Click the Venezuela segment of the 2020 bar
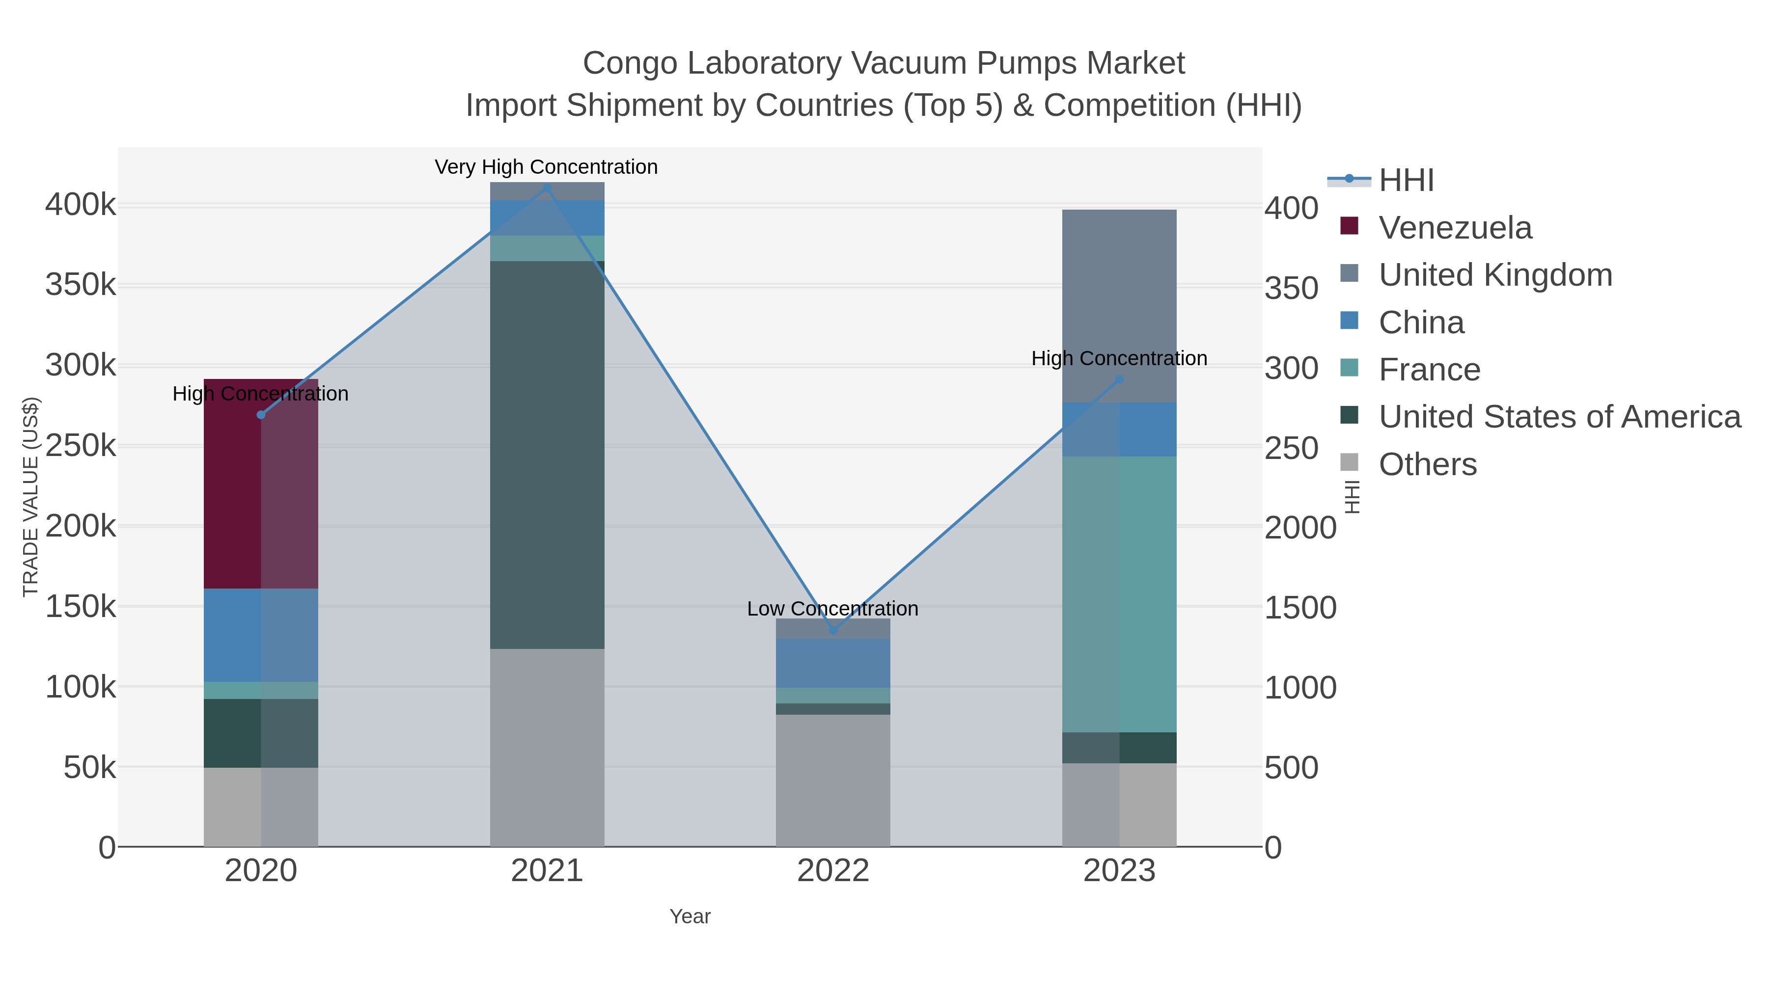pos(261,484)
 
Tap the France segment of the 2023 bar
pos(1119,594)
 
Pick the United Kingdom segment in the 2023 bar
pos(1119,306)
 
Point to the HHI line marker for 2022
pos(833,630)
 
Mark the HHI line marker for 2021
pos(547,188)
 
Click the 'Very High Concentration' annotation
pos(546,167)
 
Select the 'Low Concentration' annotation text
pos(832,609)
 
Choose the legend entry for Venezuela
pos(1455,227)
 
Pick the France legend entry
pos(1429,370)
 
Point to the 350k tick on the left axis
pos(81,285)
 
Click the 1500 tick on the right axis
pos(1300,607)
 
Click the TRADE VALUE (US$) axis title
pos(31,497)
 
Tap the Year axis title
pos(690,916)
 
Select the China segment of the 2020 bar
pos(261,635)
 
